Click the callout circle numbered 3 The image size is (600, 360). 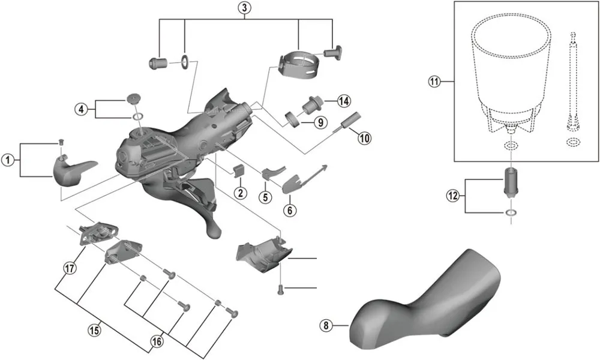click(x=244, y=8)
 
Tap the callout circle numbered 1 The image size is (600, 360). click(x=7, y=160)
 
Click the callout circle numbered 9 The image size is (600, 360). click(x=319, y=123)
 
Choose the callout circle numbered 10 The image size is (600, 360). click(x=364, y=137)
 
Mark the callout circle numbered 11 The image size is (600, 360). click(x=434, y=82)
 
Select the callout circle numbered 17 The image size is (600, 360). click(x=70, y=268)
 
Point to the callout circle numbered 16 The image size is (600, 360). click(x=157, y=342)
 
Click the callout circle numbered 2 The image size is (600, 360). click(x=241, y=193)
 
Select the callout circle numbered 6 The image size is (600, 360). click(x=289, y=210)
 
